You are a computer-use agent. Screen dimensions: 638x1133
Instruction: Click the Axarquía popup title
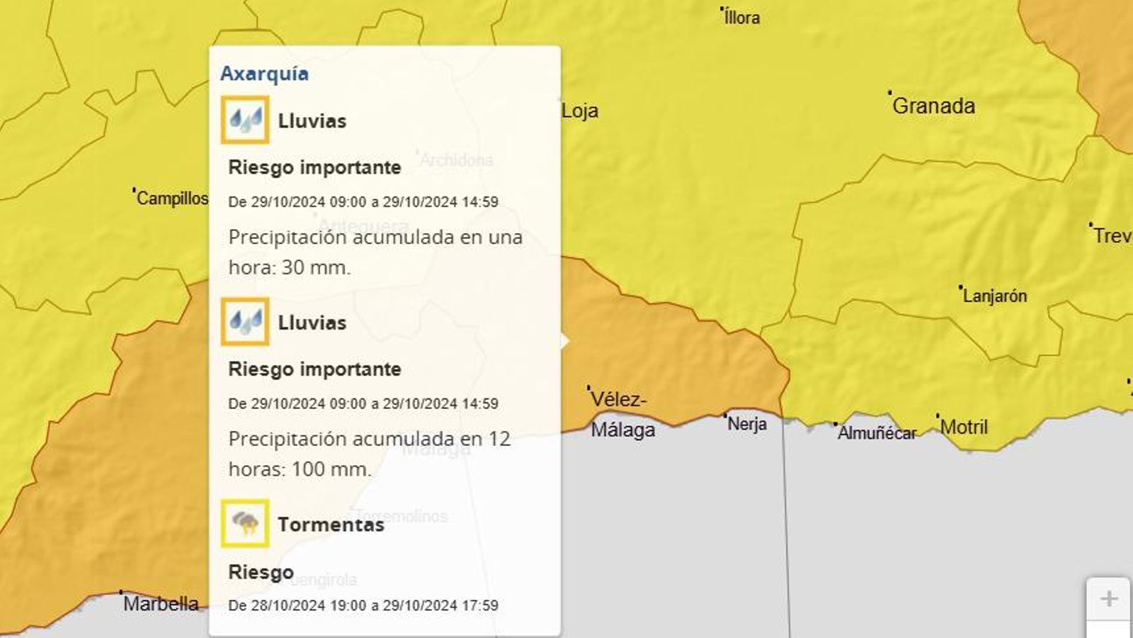(x=264, y=74)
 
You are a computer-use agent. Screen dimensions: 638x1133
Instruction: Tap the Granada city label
(x=933, y=106)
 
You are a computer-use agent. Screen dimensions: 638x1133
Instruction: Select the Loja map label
(x=580, y=111)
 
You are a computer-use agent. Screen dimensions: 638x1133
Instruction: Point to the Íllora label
(x=742, y=18)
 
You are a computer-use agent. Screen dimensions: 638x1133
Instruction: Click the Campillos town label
(x=172, y=198)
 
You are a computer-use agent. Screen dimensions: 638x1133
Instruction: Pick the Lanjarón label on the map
(x=994, y=296)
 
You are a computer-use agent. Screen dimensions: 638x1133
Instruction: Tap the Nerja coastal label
(x=747, y=424)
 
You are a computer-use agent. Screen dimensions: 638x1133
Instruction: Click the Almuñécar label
(x=877, y=432)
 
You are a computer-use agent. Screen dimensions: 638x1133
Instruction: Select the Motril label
(x=964, y=427)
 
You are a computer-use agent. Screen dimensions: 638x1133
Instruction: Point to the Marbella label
(x=161, y=604)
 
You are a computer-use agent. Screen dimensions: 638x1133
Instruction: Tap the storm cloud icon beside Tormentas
(x=245, y=524)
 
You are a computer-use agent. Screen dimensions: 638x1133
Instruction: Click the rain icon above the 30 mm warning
(x=245, y=121)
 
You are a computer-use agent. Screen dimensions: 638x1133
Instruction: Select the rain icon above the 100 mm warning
(x=245, y=322)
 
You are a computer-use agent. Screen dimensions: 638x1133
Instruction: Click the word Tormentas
(x=331, y=525)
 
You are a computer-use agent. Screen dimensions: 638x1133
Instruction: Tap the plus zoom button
(x=1108, y=599)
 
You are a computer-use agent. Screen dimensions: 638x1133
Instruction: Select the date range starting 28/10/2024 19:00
(x=363, y=605)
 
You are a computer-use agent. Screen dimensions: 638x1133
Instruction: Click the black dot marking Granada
(x=890, y=93)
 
